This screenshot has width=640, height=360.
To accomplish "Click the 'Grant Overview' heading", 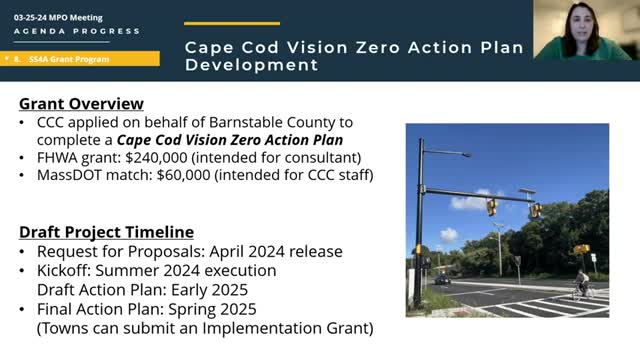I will tap(82, 104).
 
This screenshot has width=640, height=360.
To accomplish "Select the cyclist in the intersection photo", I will tap(581, 285).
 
